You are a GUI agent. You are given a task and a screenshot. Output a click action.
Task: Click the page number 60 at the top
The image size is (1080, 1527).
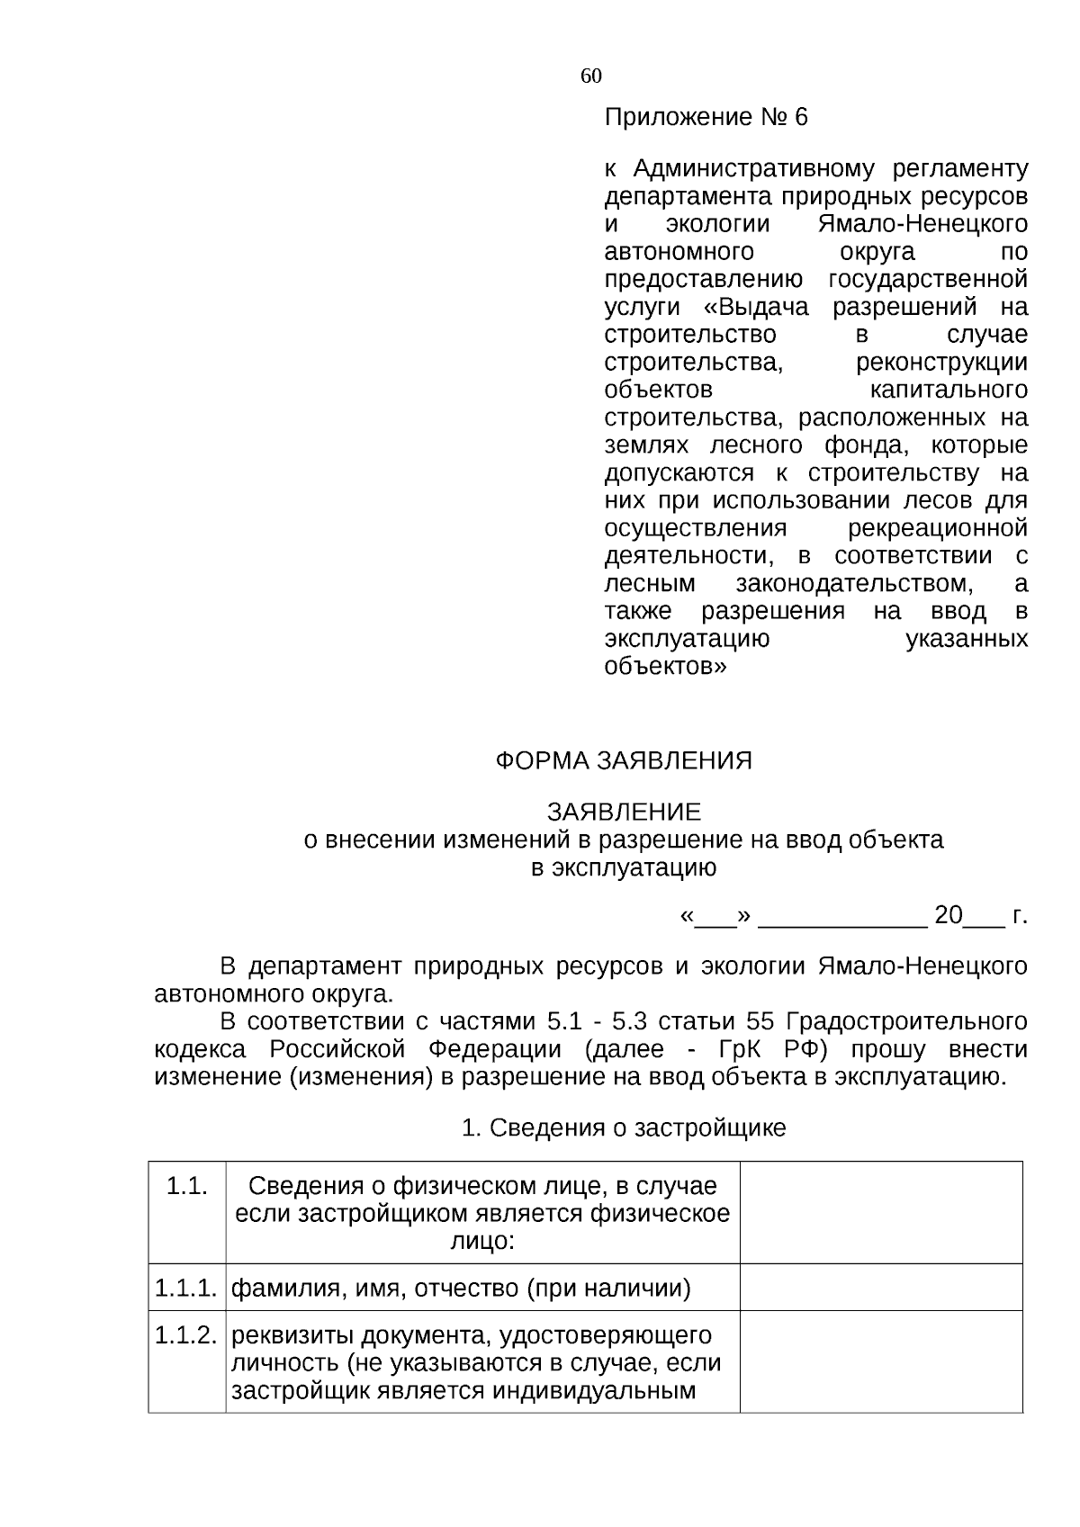[591, 76]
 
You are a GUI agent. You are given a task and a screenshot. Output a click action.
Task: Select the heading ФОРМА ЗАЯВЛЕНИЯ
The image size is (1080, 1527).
[623, 761]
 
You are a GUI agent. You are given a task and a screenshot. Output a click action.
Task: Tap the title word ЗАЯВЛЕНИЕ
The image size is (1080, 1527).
[623, 813]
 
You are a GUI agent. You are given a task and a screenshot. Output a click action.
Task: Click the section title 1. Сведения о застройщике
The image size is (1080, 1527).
[623, 1128]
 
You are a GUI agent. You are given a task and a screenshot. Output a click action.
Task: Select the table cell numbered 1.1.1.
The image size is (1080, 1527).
[186, 1289]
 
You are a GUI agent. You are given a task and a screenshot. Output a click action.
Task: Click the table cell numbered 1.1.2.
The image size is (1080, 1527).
[186, 1335]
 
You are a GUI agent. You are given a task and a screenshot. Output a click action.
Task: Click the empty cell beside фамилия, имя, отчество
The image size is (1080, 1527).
[880, 1287]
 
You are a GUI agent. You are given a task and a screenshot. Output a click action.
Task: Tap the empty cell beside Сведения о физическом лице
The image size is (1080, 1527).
[880, 1212]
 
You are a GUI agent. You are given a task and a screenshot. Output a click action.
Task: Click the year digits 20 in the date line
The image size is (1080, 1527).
[949, 916]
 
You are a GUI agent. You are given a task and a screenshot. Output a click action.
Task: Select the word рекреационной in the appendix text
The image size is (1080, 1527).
[938, 528]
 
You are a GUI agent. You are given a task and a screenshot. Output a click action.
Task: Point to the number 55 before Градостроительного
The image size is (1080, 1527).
[760, 1022]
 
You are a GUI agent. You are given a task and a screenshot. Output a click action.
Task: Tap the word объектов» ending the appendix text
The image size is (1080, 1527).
[664, 667]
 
